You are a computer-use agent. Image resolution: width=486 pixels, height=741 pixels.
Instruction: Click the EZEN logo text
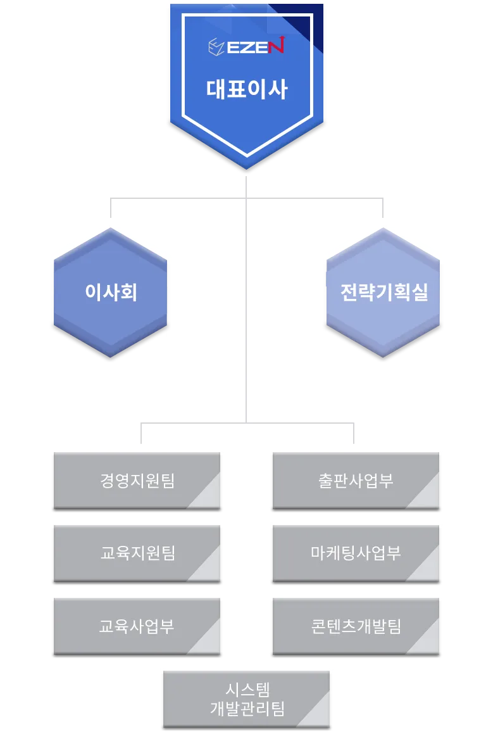click(x=256, y=46)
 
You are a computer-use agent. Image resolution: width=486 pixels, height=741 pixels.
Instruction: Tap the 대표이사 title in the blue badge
click(x=247, y=89)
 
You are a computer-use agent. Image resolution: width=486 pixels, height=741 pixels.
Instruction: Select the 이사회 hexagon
click(x=111, y=292)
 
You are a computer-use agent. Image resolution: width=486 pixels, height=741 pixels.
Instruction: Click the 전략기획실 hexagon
click(x=383, y=292)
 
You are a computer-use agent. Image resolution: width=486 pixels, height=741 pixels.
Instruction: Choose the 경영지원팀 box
click(x=137, y=481)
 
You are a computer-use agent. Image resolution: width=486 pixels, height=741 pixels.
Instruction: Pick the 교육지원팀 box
click(x=137, y=554)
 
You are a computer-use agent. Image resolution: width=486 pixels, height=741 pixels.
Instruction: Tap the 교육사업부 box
click(x=137, y=626)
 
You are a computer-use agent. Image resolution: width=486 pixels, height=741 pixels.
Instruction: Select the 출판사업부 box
click(x=356, y=481)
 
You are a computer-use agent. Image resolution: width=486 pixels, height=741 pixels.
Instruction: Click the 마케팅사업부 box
click(x=356, y=554)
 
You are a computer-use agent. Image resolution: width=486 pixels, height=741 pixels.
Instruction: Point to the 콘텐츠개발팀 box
click(x=356, y=626)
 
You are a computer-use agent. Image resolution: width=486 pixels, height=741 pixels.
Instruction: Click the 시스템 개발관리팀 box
click(x=247, y=699)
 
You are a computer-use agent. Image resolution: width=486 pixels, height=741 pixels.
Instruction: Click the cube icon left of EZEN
click(x=216, y=47)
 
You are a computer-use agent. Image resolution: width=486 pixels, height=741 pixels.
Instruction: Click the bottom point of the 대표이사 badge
click(x=247, y=168)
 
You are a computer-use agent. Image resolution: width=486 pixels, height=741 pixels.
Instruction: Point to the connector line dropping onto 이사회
click(x=111, y=208)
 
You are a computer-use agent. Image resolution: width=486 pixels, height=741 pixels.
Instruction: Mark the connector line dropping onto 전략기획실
click(x=383, y=208)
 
